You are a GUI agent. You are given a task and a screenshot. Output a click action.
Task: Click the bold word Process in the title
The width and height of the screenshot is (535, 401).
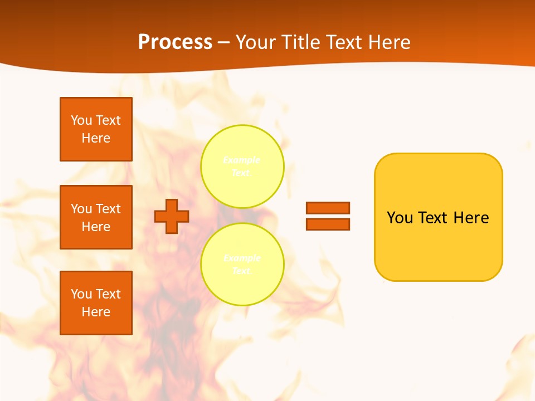click(x=175, y=42)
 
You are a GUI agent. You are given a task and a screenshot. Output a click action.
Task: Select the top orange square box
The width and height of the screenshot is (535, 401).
click(x=96, y=129)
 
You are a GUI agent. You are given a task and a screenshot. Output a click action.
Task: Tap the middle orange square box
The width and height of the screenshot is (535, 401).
click(x=96, y=217)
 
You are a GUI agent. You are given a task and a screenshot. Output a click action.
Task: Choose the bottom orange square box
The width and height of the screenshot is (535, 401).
click(x=96, y=303)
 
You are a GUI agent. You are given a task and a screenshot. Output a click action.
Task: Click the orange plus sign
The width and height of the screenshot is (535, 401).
click(x=172, y=216)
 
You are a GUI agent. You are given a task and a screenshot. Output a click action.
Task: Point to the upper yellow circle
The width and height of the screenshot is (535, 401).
click(x=242, y=167)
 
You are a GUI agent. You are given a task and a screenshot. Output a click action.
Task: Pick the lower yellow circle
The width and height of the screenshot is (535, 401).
click(x=242, y=265)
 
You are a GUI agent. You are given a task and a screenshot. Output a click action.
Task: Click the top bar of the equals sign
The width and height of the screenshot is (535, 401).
click(x=328, y=208)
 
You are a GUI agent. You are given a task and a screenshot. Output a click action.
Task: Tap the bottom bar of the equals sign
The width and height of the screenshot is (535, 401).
click(x=328, y=224)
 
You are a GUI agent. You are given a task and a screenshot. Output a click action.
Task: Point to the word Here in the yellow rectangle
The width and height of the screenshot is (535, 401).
click(x=471, y=218)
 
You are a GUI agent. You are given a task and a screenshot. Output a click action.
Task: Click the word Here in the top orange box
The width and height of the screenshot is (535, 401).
click(x=96, y=139)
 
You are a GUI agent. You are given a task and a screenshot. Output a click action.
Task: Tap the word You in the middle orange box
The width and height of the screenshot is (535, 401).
click(x=81, y=209)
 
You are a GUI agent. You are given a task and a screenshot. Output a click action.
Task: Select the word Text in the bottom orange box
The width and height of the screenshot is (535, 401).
click(x=108, y=294)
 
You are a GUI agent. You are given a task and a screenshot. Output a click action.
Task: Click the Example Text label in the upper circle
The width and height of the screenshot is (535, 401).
click(x=242, y=167)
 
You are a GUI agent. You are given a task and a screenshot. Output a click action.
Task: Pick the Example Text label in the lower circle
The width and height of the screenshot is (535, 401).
click(x=242, y=265)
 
